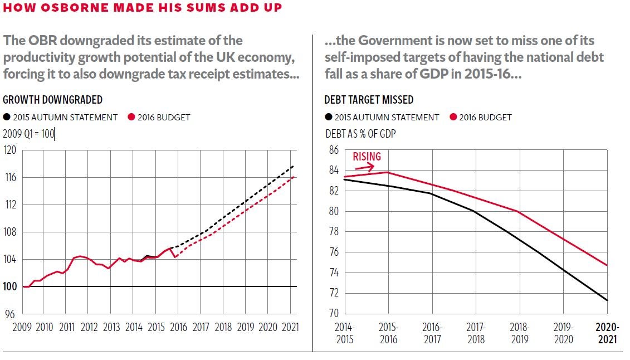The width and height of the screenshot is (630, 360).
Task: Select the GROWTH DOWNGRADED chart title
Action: point(53,100)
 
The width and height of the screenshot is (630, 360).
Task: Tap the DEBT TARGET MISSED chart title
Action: point(369,100)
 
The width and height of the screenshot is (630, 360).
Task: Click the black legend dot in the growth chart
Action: point(7,117)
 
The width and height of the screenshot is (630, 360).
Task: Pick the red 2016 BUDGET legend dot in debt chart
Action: point(453,117)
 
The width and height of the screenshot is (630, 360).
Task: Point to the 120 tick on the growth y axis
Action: point(10,150)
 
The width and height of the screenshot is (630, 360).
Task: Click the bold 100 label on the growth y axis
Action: point(10,286)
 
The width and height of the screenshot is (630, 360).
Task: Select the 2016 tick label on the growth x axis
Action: point(178,327)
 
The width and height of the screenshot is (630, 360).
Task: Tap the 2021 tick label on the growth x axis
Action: point(290,327)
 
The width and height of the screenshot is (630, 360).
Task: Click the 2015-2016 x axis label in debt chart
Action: point(389,333)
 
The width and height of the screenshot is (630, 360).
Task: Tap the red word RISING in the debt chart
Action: point(367,157)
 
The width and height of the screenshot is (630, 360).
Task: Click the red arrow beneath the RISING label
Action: point(367,167)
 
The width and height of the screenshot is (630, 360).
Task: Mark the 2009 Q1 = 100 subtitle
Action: point(28,134)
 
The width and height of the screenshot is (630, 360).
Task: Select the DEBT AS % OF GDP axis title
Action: point(360,134)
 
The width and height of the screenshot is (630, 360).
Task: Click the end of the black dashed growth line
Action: point(294,166)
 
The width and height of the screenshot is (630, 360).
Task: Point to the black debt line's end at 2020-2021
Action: point(607,300)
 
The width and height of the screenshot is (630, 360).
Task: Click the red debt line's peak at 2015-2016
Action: point(389,172)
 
